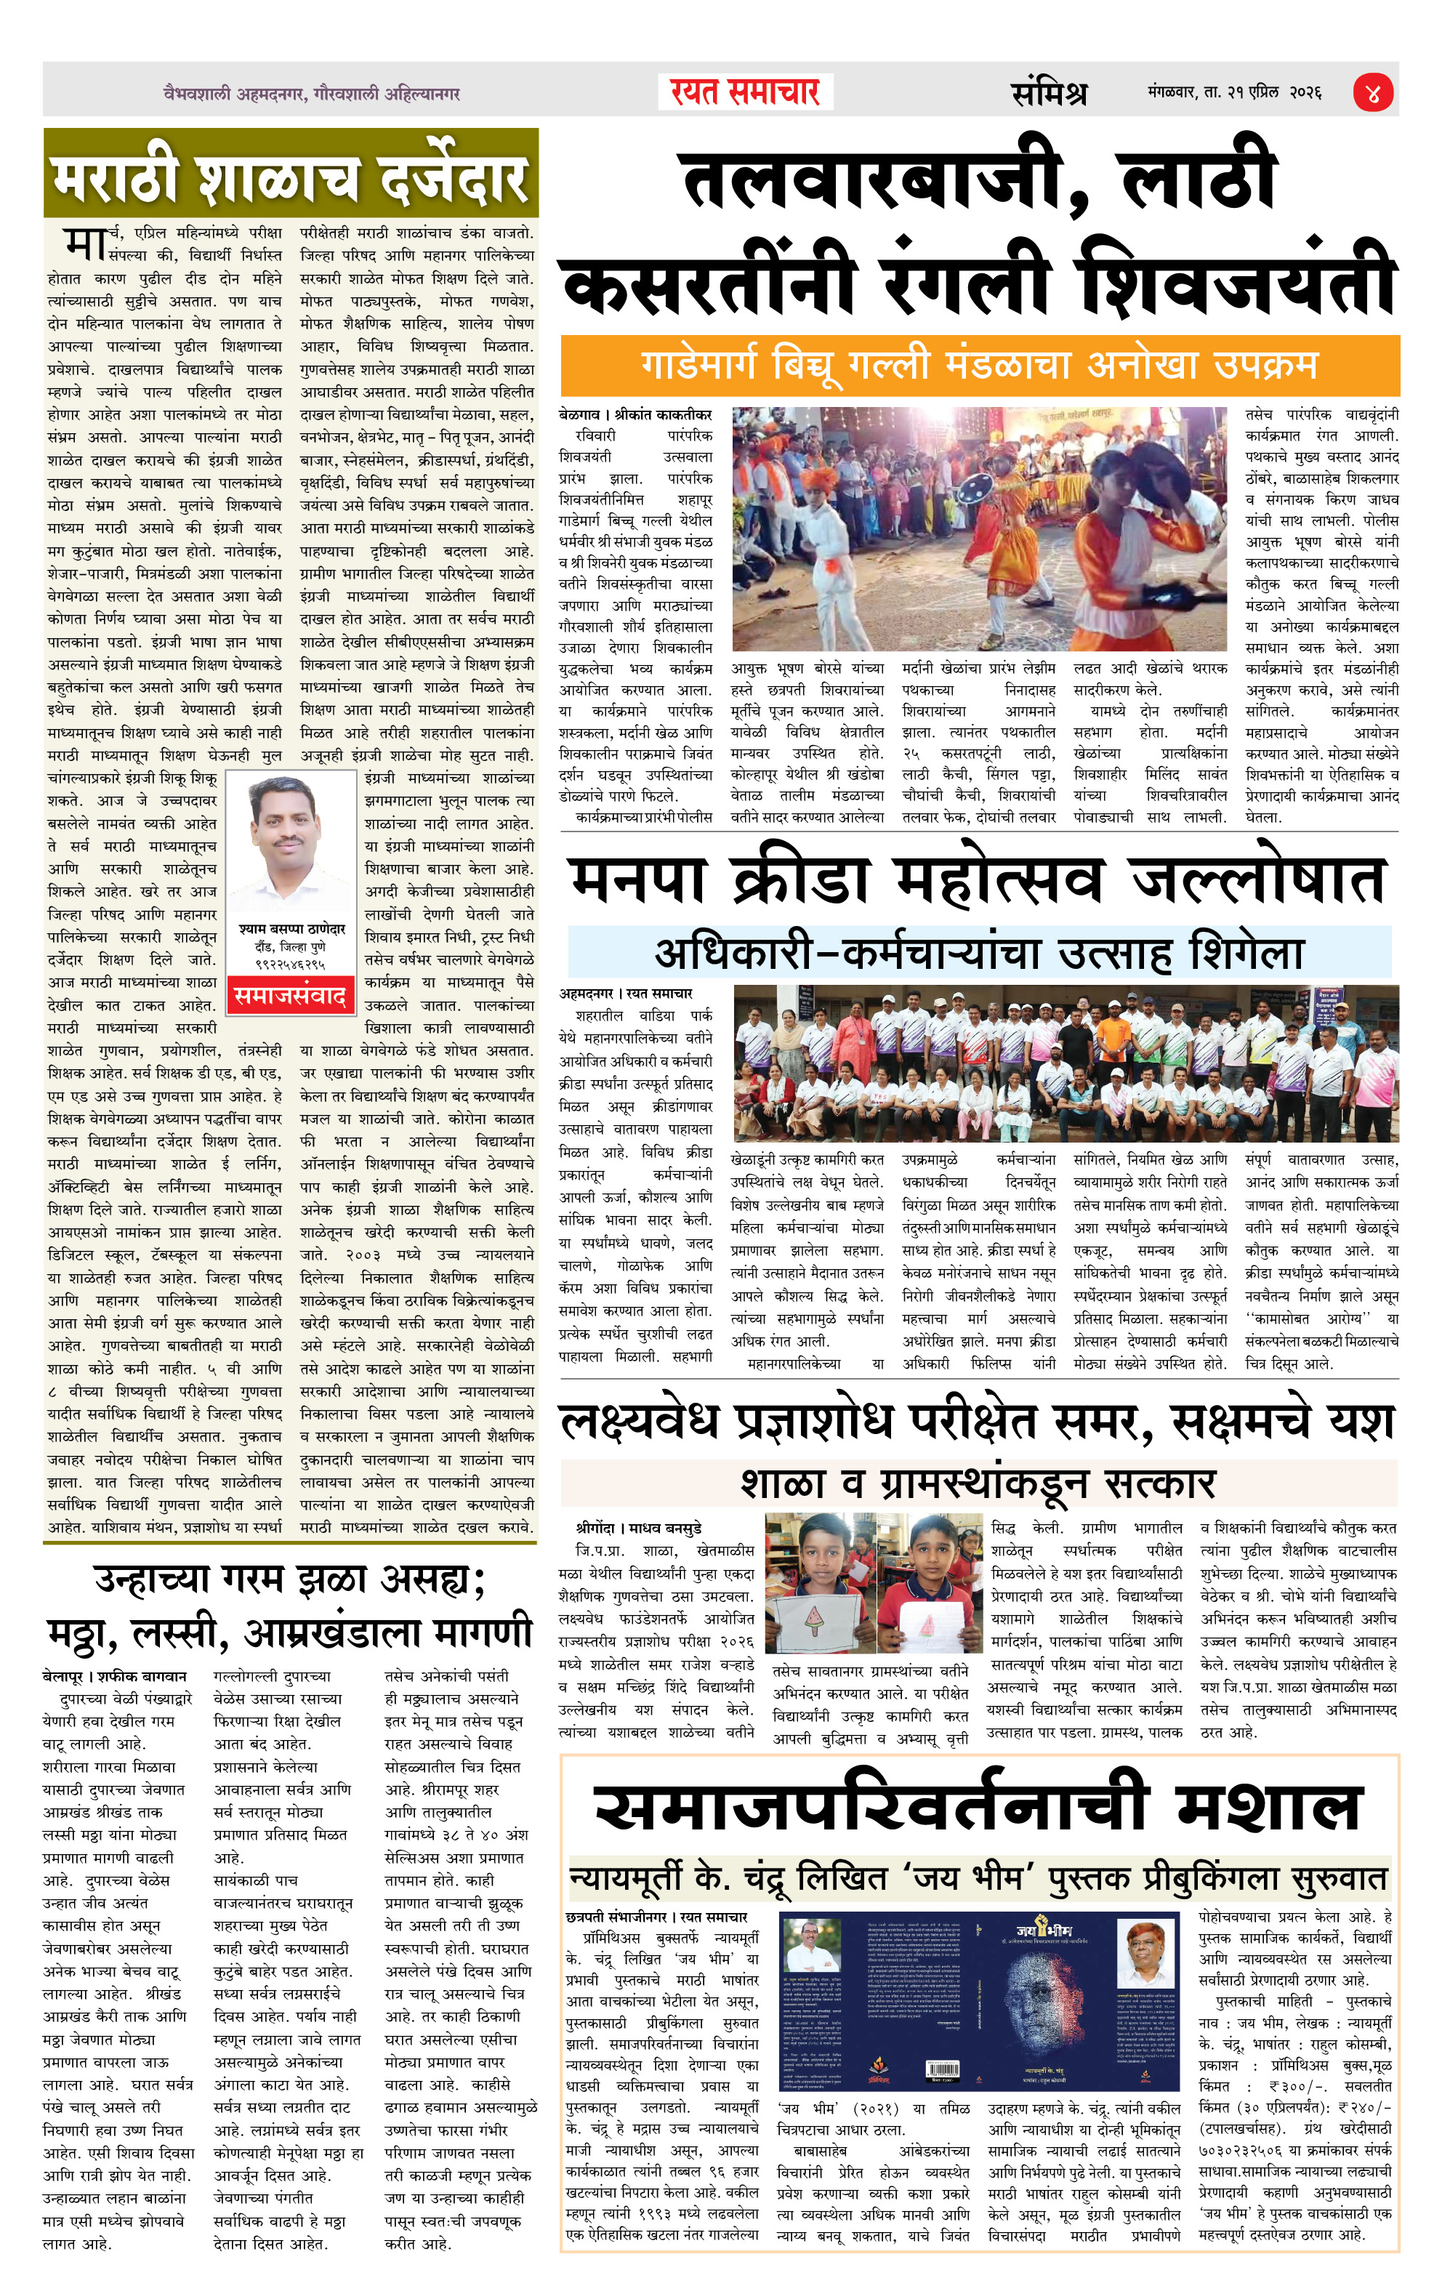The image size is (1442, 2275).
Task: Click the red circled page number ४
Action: tap(1372, 92)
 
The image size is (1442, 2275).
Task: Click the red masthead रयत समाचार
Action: tap(745, 92)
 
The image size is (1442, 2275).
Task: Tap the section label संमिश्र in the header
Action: tap(1048, 92)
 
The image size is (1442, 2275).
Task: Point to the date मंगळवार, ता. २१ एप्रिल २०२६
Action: tap(1234, 92)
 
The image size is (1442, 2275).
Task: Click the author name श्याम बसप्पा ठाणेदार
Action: tap(292, 929)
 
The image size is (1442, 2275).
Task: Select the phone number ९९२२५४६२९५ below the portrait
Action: tap(291, 965)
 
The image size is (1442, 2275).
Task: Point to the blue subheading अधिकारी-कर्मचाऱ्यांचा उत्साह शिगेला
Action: tap(979, 954)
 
